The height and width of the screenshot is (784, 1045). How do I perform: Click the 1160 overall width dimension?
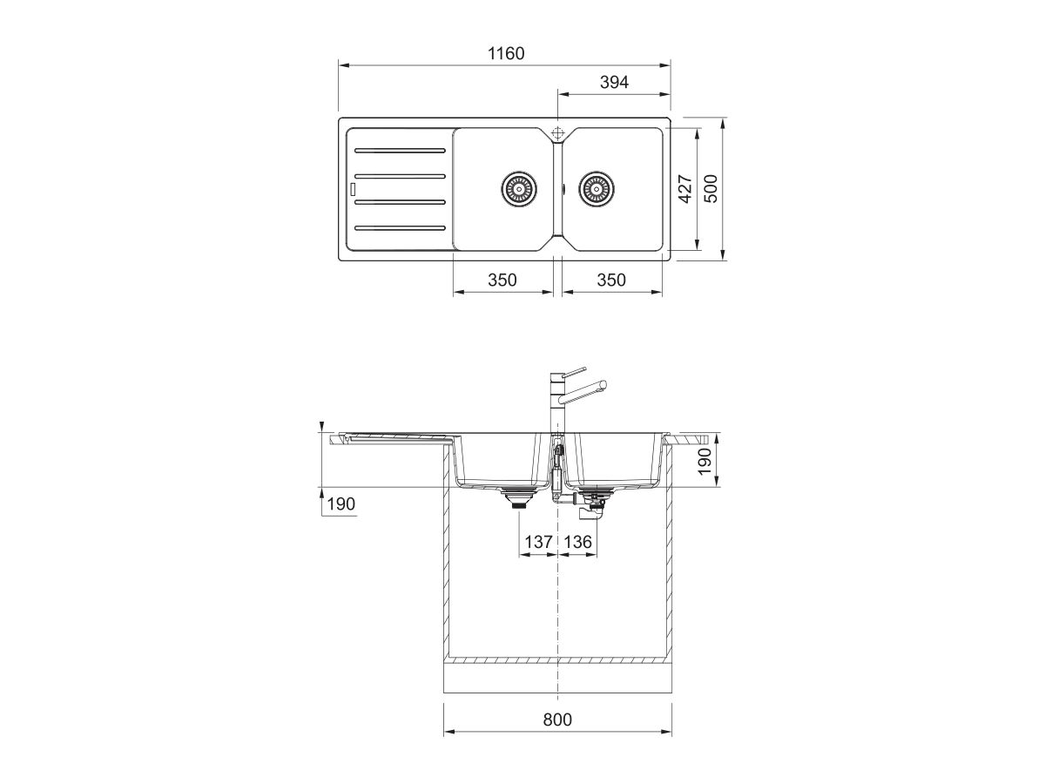coord(506,54)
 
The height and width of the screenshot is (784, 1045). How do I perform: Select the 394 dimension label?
coord(614,83)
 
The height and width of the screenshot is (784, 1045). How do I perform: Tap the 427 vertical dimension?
coord(685,189)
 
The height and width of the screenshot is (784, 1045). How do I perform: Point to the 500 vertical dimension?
coord(711,189)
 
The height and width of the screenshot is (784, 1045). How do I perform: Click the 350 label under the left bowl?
coord(502,280)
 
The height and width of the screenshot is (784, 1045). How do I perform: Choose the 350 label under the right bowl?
coord(611,280)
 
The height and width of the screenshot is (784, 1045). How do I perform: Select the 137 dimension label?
coord(538,542)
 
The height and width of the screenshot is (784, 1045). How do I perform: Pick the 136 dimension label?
coord(578,542)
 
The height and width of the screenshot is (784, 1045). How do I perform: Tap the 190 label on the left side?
coord(341,504)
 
